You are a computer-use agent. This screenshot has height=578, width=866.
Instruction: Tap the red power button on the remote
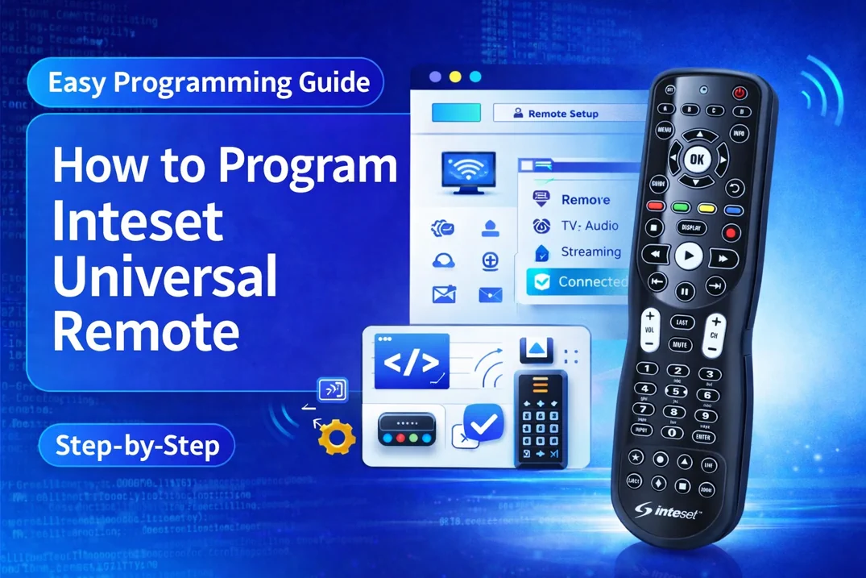tap(740, 94)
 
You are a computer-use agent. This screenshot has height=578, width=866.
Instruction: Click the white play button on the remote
tap(687, 256)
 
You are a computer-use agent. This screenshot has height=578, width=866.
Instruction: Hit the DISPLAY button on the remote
tap(691, 228)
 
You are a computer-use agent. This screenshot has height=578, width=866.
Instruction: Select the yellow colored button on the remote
tap(706, 209)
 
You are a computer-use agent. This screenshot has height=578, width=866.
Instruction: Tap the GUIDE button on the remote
tap(659, 184)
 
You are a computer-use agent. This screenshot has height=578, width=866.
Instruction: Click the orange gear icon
tap(336, 437)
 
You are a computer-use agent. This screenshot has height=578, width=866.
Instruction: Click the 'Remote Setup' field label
tap(562, 114)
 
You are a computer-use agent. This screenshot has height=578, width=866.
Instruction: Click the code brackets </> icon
tap(412, 362)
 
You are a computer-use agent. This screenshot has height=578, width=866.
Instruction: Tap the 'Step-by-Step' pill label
tap(137, 446)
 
